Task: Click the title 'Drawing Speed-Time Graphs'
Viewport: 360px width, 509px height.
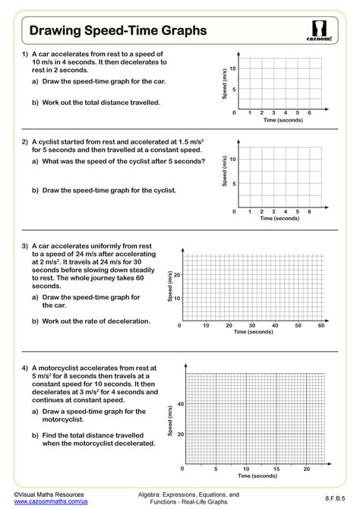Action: click(117, 30)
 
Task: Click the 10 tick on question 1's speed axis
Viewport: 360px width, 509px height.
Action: click(233, 68)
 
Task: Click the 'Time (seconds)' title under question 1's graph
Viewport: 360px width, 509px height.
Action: click(283, 120)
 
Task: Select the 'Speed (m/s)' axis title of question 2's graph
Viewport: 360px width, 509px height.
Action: click(224, 172)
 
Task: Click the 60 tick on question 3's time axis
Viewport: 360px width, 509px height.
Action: click(321, 325)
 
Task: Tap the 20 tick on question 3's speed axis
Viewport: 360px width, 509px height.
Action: click(178, 274)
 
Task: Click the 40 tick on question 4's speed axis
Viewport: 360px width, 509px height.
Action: click(179, 404)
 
